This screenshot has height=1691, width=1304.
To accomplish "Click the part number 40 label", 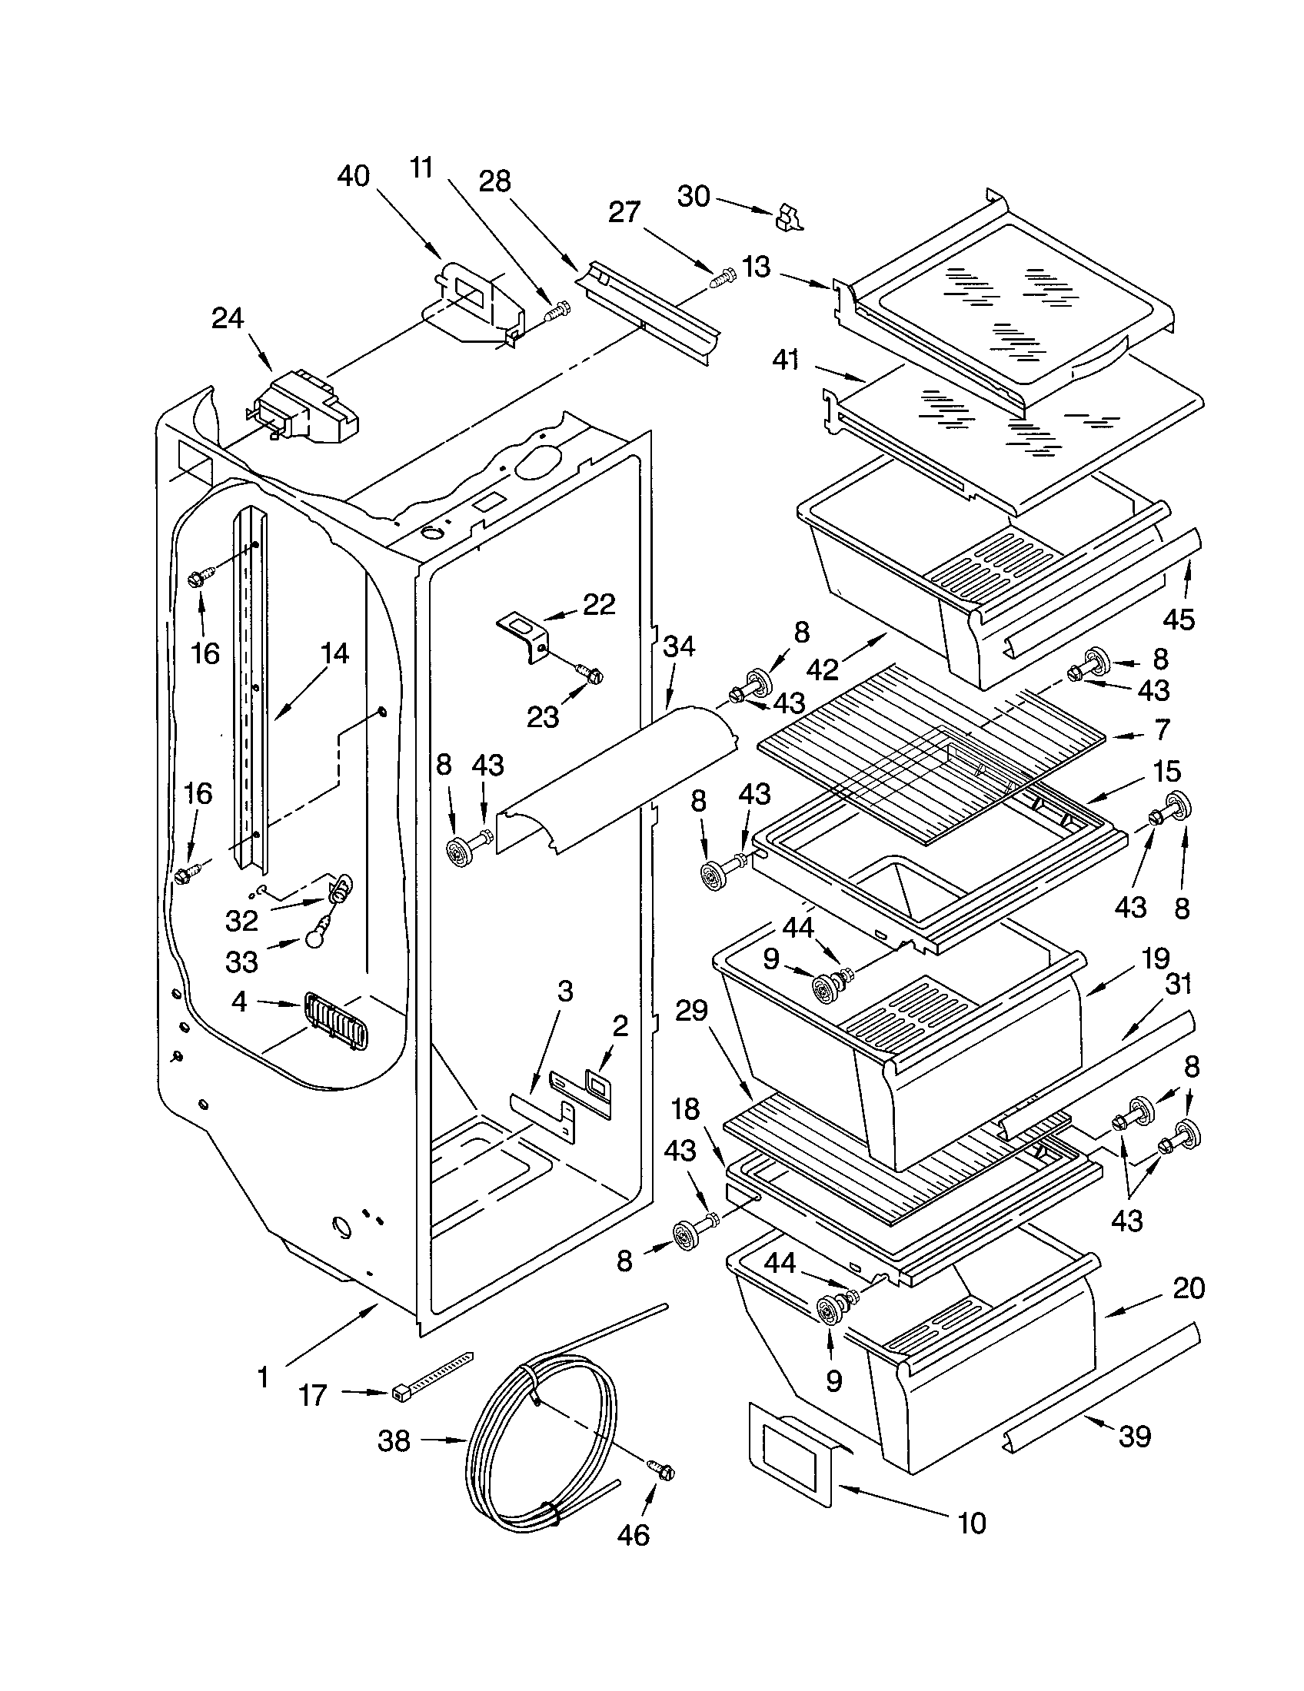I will pyautogui.click(x=353, y=177).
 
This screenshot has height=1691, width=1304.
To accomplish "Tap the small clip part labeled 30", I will pyautogui.click(x=788, y=218).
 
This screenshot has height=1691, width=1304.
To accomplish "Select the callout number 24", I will pyautogui.click(x=228, y=318).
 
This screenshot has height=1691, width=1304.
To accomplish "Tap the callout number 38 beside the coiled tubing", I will pyautogui.click(x=394, y=1441).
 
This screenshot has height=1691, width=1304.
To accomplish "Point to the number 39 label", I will pyautogui.click(x=1135, y=1437).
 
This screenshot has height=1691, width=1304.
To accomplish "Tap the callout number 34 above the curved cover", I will pyautogui.click(x=678, y=646).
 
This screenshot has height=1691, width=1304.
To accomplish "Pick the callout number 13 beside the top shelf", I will pyautogui.click(x=756, y=267).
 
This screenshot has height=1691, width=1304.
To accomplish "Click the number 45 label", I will pyautogui.click(x=1179, y=619).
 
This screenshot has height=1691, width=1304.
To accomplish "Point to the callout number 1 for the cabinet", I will pyautogui.click(x=263, y=1377).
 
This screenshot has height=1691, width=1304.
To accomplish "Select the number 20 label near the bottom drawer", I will pyautogui.click(x=1189, y=1287).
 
